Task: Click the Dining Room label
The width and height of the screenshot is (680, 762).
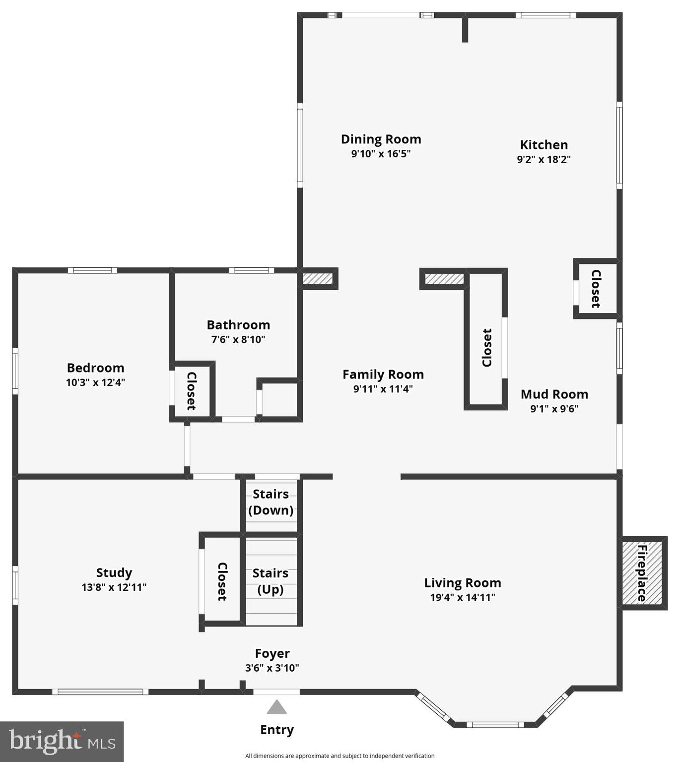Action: [381, 139]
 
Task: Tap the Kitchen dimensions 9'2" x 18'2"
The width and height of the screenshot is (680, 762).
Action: [544, 159]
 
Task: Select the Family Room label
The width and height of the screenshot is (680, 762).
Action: [383, 375]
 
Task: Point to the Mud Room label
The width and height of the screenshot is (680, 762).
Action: [554, 394]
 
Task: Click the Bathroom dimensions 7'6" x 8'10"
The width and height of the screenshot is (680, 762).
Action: [238, 339]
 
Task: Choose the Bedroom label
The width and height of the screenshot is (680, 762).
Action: [95, 368]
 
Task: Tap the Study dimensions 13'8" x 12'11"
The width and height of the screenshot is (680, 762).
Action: [114, 587]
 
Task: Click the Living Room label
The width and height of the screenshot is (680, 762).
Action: [462, 583]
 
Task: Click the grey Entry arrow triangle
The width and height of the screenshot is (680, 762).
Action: [276, 707]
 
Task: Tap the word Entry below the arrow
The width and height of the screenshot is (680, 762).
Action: [276, 730]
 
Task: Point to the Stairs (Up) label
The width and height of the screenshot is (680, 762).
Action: [271, 581]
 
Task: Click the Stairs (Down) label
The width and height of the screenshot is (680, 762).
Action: [271, 502]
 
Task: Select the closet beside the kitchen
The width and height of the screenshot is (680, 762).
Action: [596, 289]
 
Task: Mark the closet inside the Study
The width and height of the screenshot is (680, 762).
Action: [222, 581]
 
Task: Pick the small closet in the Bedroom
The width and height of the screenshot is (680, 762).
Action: [191, 391]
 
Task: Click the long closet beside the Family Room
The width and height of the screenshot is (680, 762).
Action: [486, 347]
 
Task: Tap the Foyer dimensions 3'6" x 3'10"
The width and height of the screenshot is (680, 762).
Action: [272, 668]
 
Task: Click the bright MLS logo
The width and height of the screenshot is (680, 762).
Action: [62, 741]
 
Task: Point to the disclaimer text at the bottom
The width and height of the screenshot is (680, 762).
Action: [340, 756]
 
